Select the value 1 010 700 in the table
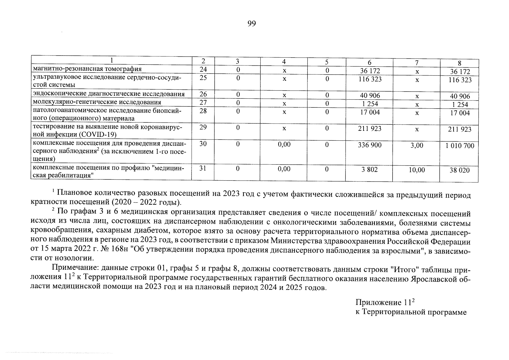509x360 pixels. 460,146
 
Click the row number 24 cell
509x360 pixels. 203,70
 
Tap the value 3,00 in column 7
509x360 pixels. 417,145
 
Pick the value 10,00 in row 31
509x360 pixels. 417,170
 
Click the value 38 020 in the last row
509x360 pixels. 460,170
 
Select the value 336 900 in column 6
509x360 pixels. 370,145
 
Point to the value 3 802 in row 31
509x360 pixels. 370,169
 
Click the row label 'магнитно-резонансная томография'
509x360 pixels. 87,69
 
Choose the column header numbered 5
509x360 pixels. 327,62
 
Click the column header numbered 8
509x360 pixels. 459,63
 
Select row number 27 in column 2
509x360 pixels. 203,102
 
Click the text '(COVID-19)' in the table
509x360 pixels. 101,134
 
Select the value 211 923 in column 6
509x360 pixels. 370,129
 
